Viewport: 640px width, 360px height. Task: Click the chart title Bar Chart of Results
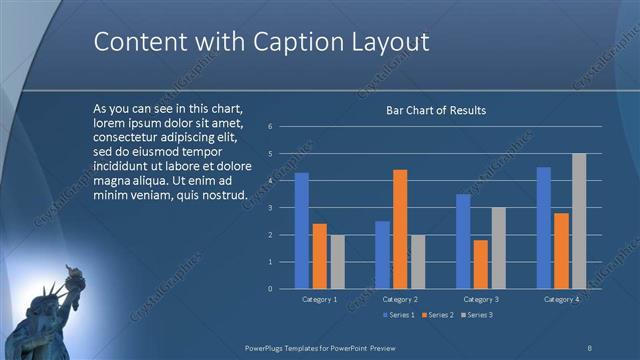click(436, 110)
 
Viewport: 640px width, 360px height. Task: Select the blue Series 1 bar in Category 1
click(301, 230)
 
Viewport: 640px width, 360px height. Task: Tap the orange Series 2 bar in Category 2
click(400, 229)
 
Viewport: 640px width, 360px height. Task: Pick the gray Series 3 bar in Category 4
click(578, 221)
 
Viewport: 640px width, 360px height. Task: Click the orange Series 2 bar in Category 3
click(481, 264)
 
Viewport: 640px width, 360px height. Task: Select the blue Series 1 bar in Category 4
click(543, 227)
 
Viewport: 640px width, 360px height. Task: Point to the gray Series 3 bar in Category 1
click(337, 261)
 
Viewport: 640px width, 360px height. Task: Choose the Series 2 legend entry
click(436, 315)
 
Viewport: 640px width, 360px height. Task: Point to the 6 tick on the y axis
click(270, 127)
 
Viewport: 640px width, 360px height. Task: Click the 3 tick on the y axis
click(270, 208)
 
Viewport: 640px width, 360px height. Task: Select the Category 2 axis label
click(400, 299)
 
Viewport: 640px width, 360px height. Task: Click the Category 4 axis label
click(561, 299)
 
